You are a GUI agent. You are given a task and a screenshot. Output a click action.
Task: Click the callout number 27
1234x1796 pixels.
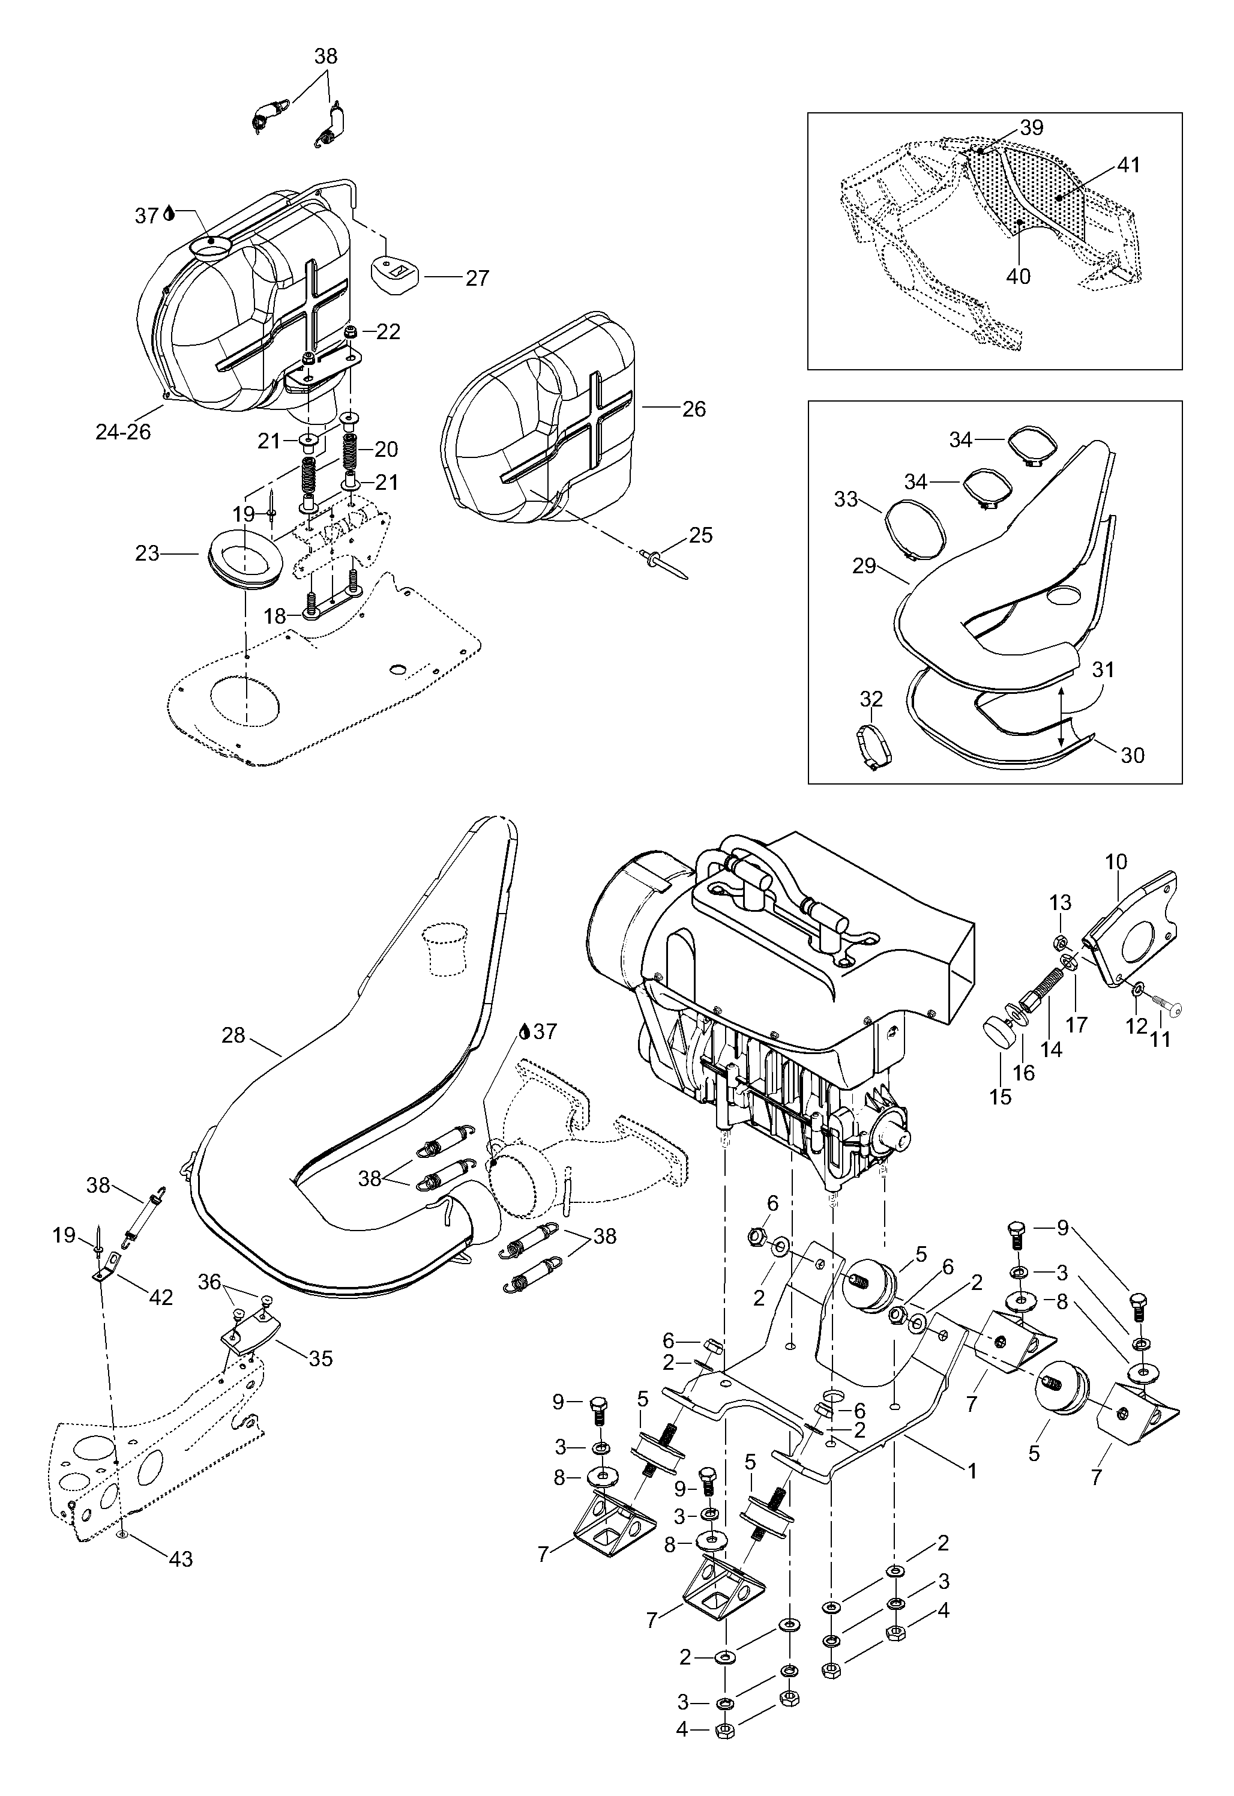tap(477, 279)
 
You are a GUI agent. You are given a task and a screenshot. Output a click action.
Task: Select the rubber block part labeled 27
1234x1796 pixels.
tap(397, 273)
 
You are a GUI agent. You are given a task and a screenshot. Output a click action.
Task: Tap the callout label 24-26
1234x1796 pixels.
tap(123, 432)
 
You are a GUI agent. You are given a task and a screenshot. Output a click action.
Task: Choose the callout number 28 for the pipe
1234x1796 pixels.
tap(233, 1035)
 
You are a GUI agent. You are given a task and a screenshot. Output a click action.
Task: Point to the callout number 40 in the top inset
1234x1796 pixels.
tap(1019, 276)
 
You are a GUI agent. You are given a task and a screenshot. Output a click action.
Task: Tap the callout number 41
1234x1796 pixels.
tap(1128, 166)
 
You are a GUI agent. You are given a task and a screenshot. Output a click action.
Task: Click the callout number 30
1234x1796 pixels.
tap(1132, 755)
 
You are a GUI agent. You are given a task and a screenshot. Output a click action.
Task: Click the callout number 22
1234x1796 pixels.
tap(388, 332)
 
